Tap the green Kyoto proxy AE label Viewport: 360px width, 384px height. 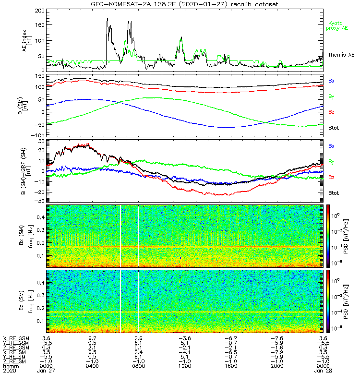pos(338,25)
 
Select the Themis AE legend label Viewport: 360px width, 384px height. pos(340,56)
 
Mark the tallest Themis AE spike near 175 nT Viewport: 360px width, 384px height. pos(107,19)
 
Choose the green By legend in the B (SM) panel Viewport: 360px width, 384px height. pos(331,96)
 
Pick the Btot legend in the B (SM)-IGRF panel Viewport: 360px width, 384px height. pos(333,192)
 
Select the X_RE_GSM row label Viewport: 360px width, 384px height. pos(15,338)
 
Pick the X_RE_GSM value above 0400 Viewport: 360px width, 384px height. pos(92,338)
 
